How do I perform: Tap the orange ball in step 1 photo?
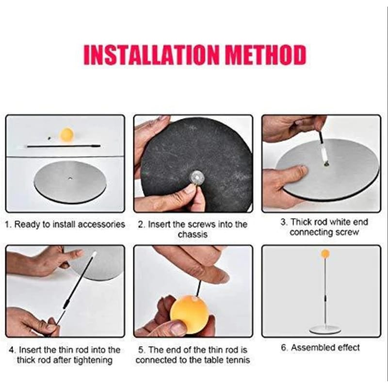[x=67, y=135]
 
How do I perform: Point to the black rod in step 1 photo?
[x=64, y=146]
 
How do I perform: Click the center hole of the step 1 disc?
[x=70, y=178]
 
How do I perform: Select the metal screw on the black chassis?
[x=197, y=178]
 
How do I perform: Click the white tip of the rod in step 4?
[x=94, y=254]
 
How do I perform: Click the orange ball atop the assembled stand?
[x=325, y=254]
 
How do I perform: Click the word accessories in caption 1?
[x=101, y=225]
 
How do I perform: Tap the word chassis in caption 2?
[x=193, y=234]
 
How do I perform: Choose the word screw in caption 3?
[x=347, y=232]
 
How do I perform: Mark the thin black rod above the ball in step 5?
[x=198, y=288]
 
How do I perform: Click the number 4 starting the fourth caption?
[x=11, y=350]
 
